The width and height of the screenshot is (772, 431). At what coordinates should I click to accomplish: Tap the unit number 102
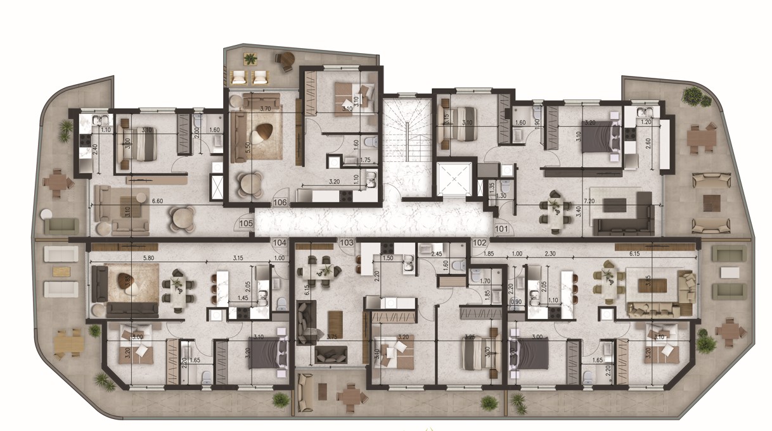point(480,242)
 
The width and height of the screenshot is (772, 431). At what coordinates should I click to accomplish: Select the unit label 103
point(346,242)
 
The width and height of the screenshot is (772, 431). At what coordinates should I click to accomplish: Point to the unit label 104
point(280,242)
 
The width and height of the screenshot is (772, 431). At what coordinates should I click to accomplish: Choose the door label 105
point(247,223)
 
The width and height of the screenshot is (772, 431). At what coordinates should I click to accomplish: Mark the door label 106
point(280,202)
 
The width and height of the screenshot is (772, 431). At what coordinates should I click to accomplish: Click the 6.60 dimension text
point(159,201)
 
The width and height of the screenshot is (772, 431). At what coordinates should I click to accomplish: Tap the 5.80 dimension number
point(149,258)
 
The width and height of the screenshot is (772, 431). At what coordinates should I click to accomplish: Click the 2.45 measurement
point(437,254)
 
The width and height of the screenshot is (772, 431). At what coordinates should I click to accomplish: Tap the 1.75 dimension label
point(364,161)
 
